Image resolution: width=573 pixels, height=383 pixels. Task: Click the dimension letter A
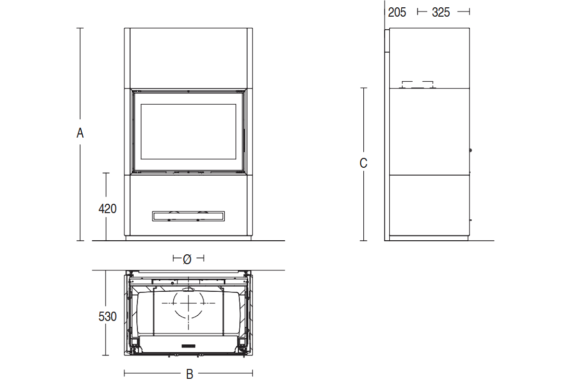(x=80, y=133)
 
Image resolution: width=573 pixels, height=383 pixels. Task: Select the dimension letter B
(x=189, y=374)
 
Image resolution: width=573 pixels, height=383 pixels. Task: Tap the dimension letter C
(x=363, y=163)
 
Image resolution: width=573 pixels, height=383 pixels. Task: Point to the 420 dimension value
(x=107, y=208)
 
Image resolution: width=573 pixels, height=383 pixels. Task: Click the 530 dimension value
(x=107, y=316)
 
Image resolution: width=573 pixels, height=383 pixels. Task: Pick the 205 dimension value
(x=397, y=13)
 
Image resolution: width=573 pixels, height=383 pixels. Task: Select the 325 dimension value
(x=441, y=13)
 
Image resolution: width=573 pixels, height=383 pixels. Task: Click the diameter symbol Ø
(x=187, y=259)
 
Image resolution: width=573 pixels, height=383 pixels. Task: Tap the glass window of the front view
(x=188, y=132)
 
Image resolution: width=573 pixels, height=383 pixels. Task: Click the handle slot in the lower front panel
(x=188, y=216)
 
